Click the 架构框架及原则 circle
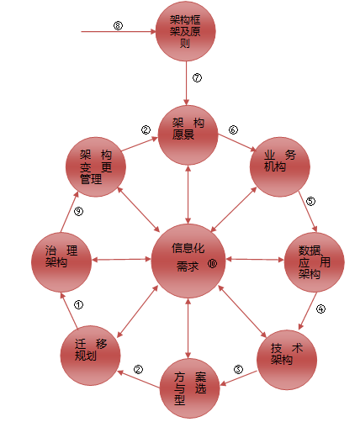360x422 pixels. [x=186, y=31]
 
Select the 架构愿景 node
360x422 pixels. [x=188, y=135]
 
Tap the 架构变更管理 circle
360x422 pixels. [x=96, y=167]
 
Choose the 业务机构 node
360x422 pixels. [x=280, y=167]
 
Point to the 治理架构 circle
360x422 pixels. [x=61, y=262]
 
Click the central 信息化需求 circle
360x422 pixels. [x=188, y=261]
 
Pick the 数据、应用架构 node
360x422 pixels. [x=315, y=262]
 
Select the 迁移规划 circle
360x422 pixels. [x=90, y=356]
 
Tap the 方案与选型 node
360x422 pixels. [x=190, y=388]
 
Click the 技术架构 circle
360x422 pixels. [x=287, y=360]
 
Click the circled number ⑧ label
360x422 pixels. [x=118, y=25]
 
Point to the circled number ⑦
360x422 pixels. [x=197, y=77]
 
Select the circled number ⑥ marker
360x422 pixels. [x=233, y=129]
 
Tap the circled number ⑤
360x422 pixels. [x=310, y=201]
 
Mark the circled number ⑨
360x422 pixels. [x=78, y=211]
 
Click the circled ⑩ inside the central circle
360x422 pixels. [x=212, y=263]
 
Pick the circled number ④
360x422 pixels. [x=320, y=309]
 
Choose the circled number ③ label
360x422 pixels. [x=238, y=369]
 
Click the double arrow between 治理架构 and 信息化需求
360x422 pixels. [x=121, y=260]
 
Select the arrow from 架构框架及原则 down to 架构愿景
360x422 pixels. [x=186, y=83]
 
